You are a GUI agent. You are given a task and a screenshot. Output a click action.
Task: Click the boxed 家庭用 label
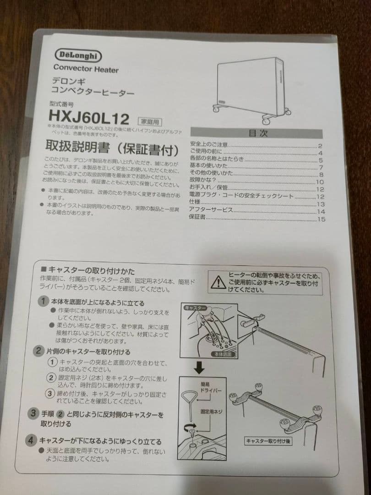click(x=150, y=121)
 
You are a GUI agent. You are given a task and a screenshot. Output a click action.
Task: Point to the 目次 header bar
click(x=257, y=133)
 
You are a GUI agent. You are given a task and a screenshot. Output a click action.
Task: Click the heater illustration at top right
click(x=252, y=89)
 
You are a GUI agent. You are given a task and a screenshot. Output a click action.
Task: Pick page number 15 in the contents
click(x=321, y=219)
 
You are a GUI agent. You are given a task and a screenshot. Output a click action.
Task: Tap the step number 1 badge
click(x=42, y=302)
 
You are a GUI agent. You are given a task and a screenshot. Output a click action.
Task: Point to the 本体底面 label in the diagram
click(x=224, y=355)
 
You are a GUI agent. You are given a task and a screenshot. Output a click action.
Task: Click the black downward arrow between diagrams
click(x=199, y=368)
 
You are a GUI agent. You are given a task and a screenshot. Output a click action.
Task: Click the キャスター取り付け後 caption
click(x=268, y=441)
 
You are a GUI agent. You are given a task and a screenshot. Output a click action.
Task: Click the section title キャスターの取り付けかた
click(x=91, y=271)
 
